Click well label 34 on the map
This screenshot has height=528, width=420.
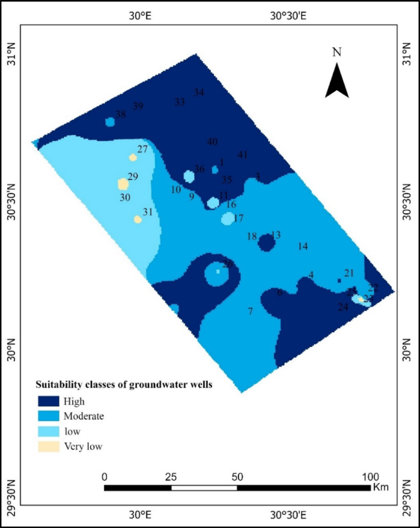click(199, 93)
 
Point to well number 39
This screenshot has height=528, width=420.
click(138, 106)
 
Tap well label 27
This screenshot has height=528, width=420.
click(142, 149)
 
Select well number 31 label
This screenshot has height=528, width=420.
click(147, 212)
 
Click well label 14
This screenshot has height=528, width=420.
click(302, 246)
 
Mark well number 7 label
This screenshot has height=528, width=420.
click(250, 311)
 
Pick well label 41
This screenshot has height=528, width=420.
click(242, 155)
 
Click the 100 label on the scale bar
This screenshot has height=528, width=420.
click(370, 476)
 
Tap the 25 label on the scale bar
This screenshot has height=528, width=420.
click(171, 476)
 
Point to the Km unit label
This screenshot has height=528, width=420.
click(380, 487)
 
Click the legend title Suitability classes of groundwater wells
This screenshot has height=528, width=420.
click(123, 385)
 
